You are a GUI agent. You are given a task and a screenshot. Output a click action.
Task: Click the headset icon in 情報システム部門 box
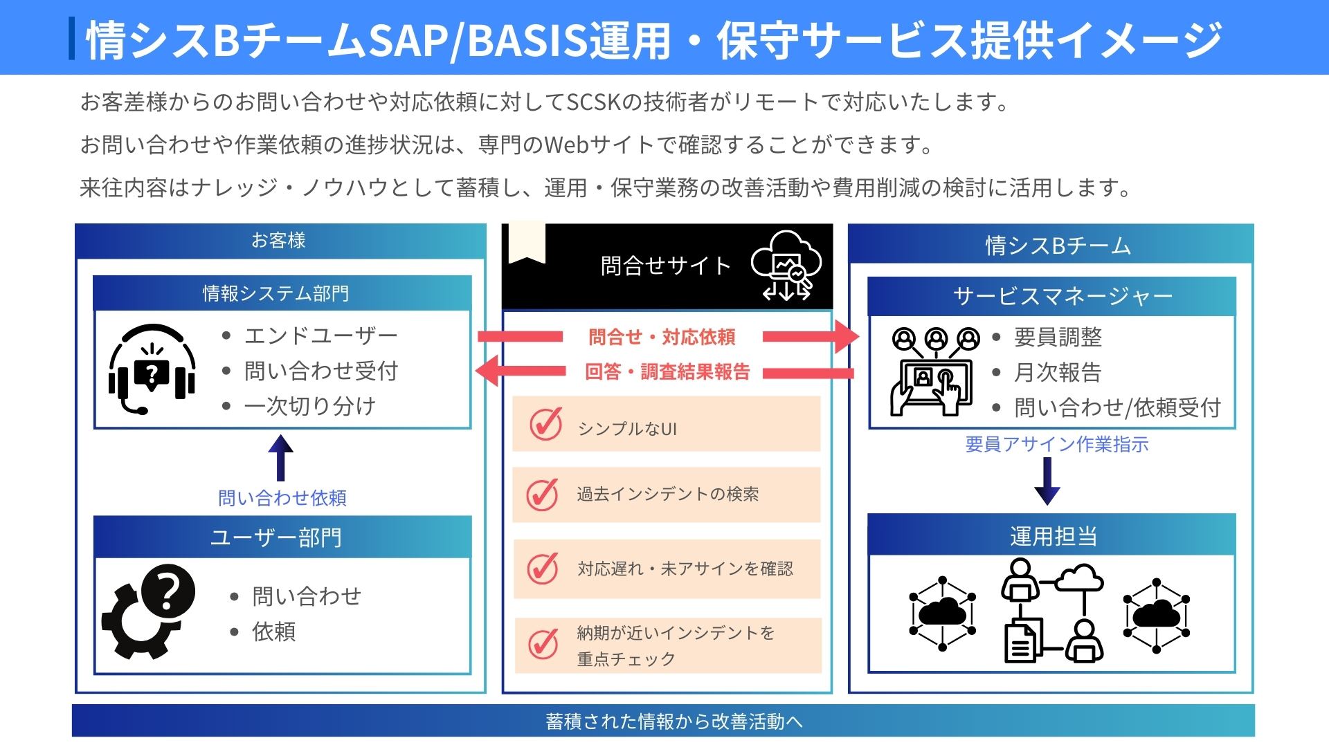[x=152, y=369]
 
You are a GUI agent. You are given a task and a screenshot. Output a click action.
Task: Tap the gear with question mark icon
[x=148, y=611]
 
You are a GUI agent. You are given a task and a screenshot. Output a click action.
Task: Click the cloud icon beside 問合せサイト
[x=786, y=266]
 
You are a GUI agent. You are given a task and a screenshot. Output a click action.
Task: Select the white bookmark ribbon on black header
[x=527, y=243]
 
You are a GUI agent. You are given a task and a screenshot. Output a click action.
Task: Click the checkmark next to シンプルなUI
[x=546, y=423]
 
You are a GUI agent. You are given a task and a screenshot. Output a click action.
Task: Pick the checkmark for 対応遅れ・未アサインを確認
[x=543, y=568]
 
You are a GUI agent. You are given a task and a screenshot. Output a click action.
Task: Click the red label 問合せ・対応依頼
[x=662, y=337]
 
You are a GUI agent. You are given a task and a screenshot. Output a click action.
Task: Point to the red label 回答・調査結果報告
[x=667, y=372]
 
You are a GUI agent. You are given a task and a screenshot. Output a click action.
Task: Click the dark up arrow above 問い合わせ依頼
[x=280, y=457]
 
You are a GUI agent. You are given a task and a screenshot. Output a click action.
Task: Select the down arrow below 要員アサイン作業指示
[x=1047, y=481]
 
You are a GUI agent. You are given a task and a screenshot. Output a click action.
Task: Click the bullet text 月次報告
[x=1058, y=372]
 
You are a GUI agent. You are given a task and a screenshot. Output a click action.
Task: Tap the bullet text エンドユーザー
[x=321, y=335]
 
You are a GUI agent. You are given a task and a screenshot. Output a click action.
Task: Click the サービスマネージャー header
[x=1052, y=296]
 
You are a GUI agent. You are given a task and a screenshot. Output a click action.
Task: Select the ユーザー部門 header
[x=282, y=537]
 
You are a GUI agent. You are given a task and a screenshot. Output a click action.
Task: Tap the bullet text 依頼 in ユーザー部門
[x=274, y=631]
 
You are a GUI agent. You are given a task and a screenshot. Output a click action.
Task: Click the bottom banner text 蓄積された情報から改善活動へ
[x=674, y=721]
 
